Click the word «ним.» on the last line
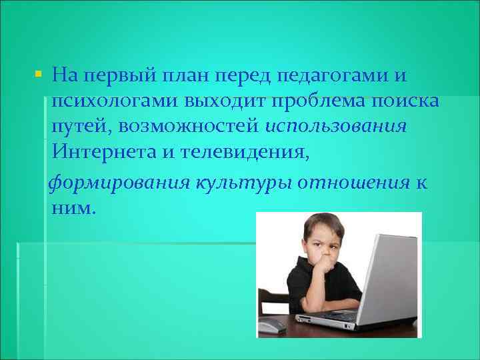[73, 209]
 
